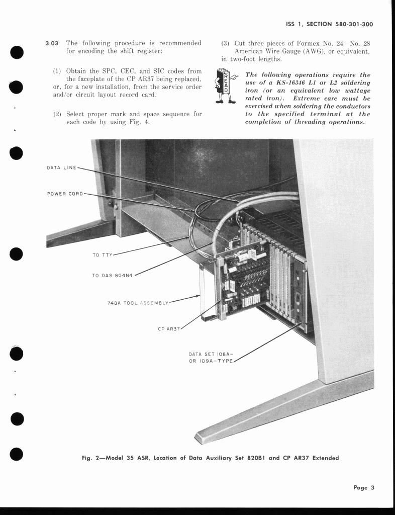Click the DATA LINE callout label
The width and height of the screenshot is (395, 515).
tap(61, 167)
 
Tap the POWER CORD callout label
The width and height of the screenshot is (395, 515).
tap(65, 194)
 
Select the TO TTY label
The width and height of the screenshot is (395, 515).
tap(103, 255)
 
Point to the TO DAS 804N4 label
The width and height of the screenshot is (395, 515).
tap(113, 275)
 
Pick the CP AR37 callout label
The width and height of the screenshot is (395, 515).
tap(169, 328)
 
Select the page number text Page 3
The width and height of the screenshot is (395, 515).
tap(364, 487)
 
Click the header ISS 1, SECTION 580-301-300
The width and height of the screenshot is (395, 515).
tap(329, 24)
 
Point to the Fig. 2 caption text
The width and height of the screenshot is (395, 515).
tap(210, 458)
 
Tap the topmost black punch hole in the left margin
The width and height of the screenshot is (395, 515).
tap(17, 52)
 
